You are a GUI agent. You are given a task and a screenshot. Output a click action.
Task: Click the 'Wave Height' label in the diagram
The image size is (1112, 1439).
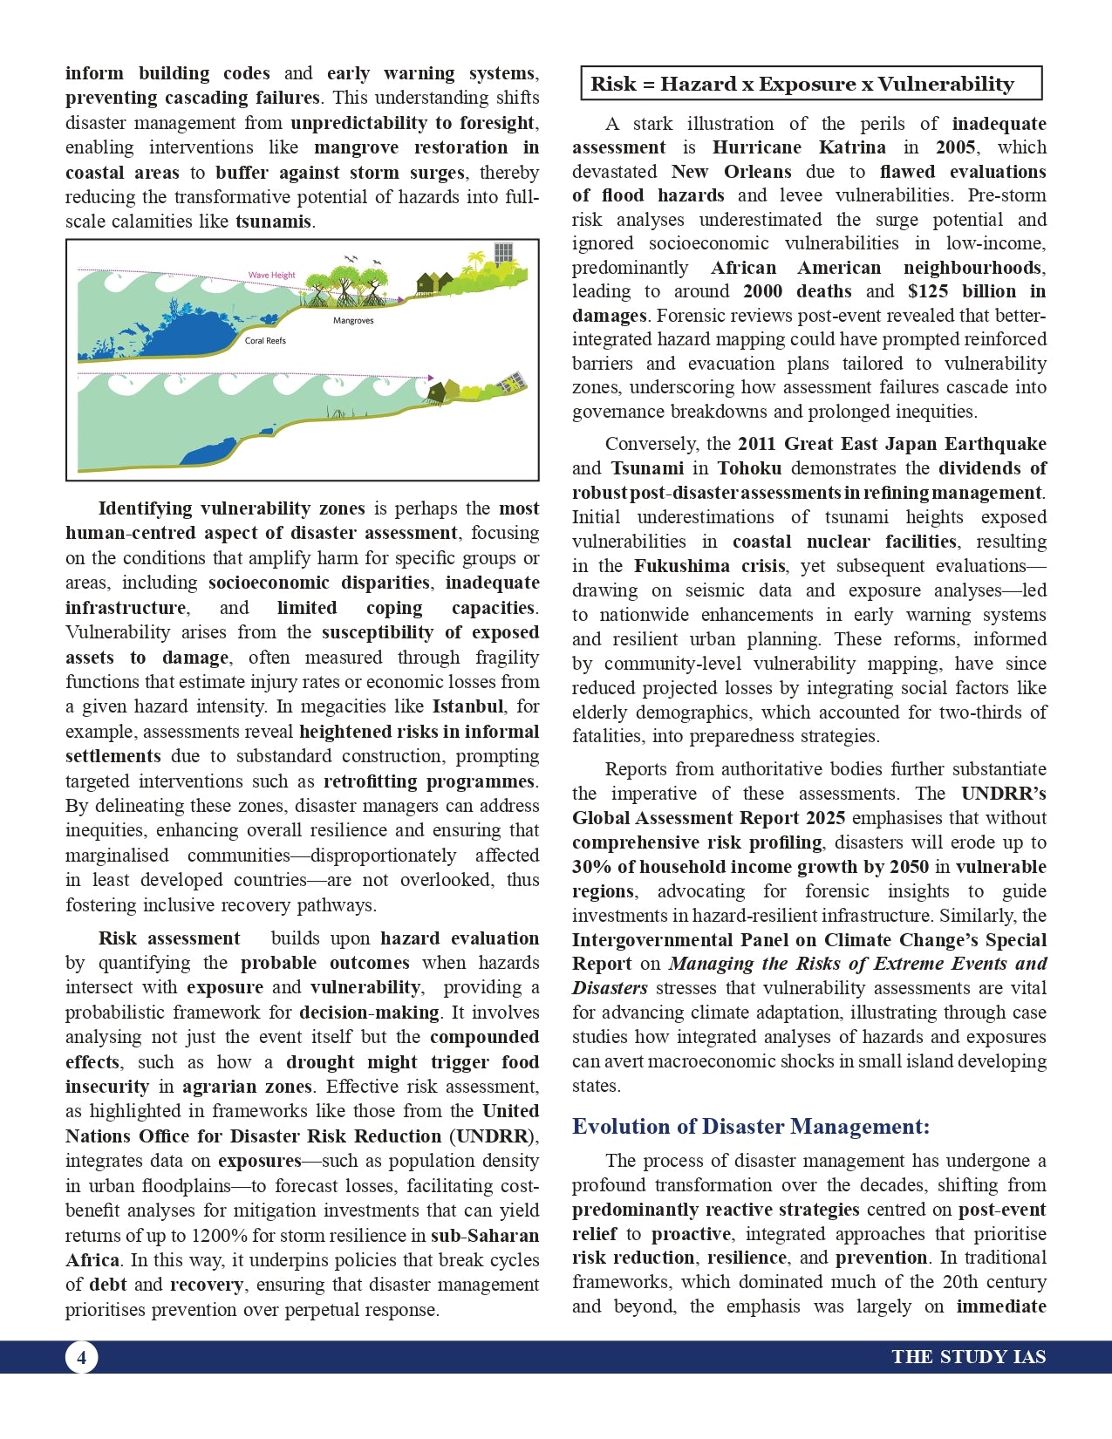pyautogui.click(x=271, y=275)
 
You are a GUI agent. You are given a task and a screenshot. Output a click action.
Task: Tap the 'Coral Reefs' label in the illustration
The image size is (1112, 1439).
pyautogui.click(x=265, y=341)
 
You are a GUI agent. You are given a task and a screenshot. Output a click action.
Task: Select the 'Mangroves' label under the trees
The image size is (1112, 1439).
pyautogui.click(x=353, y=321)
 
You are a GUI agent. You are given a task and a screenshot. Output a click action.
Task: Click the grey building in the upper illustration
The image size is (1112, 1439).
pyautogui.click(x=503, y=254)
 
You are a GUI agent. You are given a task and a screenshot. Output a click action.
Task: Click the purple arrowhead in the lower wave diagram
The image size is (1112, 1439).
pyautogui.click(x=431, y=378)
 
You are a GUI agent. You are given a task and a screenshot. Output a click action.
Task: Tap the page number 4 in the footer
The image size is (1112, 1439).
pyautogui.click(x=81, y=1357)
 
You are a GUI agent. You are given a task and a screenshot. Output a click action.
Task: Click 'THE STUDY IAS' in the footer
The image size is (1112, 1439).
pyautogui.click(x=968, y=1357)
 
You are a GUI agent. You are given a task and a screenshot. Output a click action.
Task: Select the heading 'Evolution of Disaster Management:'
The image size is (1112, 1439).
pyautogui.click(x=750, y=1127)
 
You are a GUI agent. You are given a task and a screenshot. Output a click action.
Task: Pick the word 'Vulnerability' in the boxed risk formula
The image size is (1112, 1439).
pyautogui.click(x=945, y=84)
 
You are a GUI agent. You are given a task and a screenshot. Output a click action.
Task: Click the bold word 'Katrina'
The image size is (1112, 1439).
pyautogui.click(x=851, y=147)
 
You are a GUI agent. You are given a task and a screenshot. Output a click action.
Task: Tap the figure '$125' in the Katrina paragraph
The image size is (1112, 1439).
pyautogui.click(x=929, y=291)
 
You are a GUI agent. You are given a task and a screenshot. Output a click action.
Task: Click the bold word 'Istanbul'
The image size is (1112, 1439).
pyautogui.click(x=468, y=706)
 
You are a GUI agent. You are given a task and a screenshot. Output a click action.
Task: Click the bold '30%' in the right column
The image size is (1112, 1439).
pyautogui.click(x=592, y=867)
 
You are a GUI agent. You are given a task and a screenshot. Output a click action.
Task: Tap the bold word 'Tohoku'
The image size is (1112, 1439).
pyautogui.click(x=749, y=468)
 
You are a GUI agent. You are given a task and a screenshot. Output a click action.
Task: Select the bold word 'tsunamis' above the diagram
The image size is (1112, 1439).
pyautogui.click(x=273, y=222)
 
